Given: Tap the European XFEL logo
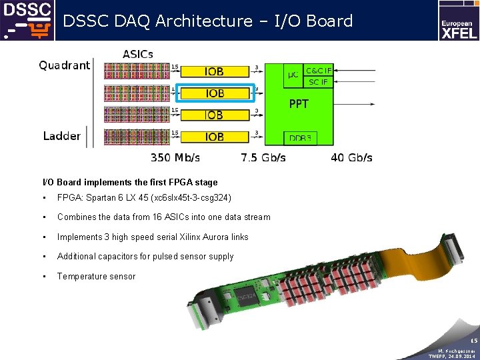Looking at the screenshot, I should pos(458,21).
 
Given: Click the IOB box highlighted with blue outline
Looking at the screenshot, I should pos(215,93).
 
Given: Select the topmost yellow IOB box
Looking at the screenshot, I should pos(215,71).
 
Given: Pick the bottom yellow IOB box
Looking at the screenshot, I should pos(215,137).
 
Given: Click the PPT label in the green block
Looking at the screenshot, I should pos(299,104).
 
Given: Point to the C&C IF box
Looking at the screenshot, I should pos(317,70).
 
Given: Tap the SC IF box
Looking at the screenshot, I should pos(317,82).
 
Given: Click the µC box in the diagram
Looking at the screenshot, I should pos(293,75).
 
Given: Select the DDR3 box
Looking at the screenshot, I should pos(300,139).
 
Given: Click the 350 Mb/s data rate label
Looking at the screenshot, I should pos(175,158).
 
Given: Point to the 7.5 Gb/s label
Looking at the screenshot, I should pos(263,158).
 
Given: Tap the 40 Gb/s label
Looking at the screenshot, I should pos(352,158).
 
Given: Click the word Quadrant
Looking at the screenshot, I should pos(64,65).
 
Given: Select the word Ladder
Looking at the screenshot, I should pos(62,136).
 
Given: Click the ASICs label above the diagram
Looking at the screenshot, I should pos(138,54).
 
